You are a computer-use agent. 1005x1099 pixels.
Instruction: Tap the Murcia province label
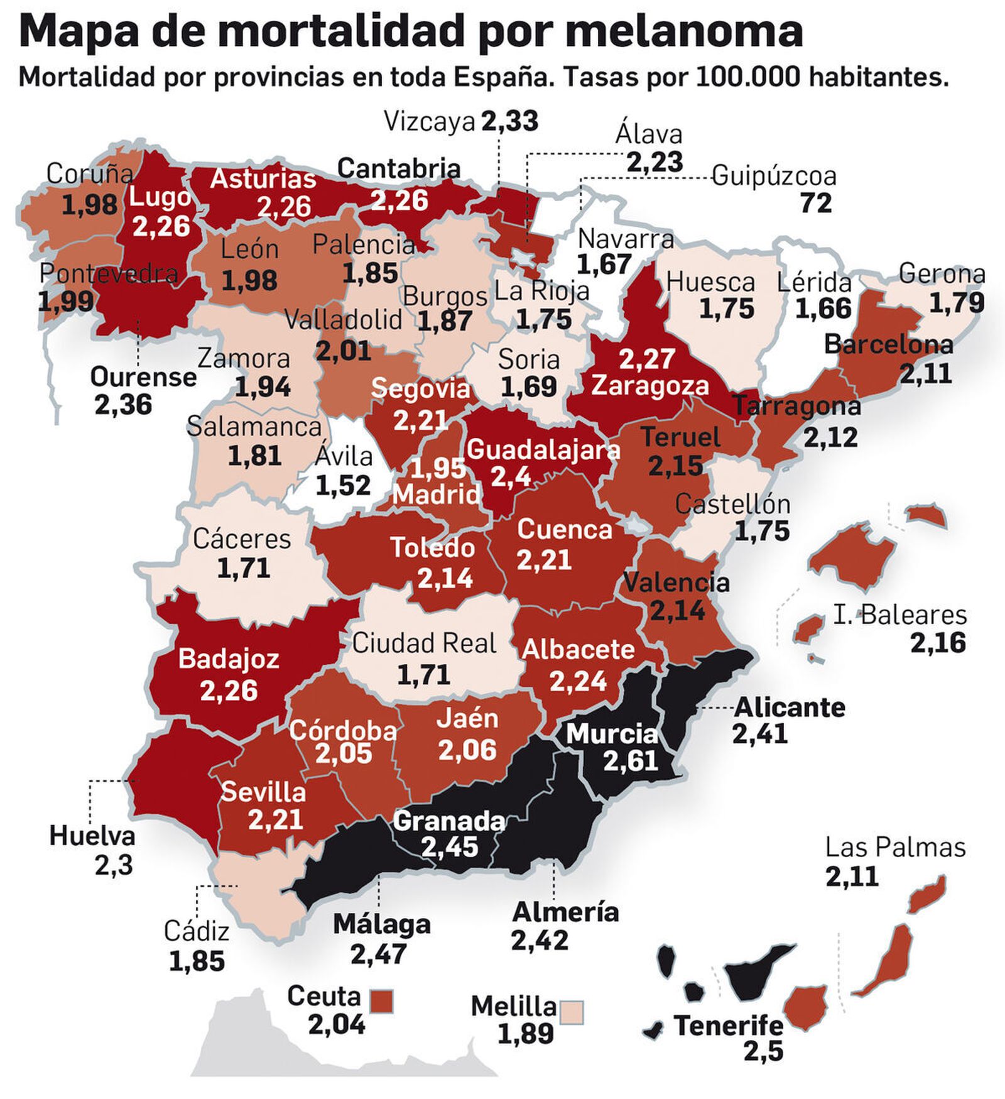612,733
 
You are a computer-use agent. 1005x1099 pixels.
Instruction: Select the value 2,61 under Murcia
630,761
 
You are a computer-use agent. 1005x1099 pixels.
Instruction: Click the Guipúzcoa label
774,177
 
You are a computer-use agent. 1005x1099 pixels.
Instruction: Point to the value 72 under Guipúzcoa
816,203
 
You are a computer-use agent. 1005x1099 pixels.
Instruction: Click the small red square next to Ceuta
382,1000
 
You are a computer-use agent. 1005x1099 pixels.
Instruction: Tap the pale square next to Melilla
572,1012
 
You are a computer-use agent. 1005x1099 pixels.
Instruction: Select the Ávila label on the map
344,457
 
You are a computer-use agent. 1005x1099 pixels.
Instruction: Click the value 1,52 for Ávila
343,485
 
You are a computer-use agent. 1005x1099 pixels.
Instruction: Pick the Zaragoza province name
649,385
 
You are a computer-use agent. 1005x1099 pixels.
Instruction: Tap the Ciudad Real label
424,643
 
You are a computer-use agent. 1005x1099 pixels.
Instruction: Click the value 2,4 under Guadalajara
511,477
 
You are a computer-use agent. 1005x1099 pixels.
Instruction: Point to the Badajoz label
229,659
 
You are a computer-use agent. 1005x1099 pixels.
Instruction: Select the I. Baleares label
900,615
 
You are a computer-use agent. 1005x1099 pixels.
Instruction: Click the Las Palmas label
895,848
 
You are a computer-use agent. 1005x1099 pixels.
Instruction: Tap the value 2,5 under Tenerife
763,1051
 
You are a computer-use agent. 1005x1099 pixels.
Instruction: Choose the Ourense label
143,377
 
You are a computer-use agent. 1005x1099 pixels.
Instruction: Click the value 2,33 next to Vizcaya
509,121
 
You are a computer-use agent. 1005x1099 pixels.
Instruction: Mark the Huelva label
92,836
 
